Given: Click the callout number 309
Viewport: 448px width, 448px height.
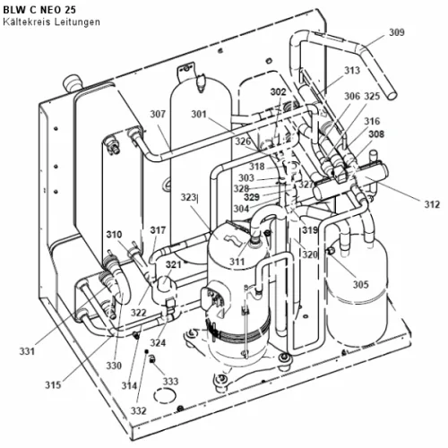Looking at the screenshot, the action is coord(397,32).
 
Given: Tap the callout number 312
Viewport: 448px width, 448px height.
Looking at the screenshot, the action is coord(432,204).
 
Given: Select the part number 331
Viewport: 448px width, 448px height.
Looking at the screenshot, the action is coord(27,351).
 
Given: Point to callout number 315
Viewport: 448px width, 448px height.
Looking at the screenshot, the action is coord(53,385).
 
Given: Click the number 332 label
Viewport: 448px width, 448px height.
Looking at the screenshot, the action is coord(138,411).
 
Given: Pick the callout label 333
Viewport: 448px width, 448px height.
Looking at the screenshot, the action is coord(170,382).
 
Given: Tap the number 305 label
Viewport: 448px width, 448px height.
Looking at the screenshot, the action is coord(361,284).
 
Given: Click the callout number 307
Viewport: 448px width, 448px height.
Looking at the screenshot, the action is coord(158,114).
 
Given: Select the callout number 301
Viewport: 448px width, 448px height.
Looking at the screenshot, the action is coord(199,114).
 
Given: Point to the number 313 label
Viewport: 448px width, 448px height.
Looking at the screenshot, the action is coord(352,71).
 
